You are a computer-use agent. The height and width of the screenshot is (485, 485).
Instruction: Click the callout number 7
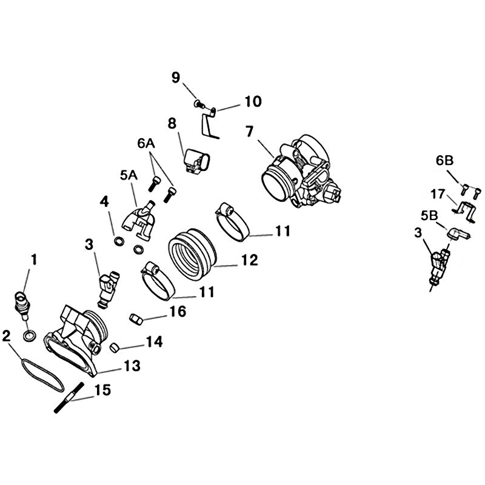click(x=249, y=132)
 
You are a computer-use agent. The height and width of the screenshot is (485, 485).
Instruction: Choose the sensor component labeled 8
click(x=196, y=162)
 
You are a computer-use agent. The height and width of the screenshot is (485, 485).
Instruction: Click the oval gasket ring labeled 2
click(x=42, y=375)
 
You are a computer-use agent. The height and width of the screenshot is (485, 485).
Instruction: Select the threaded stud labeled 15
click(x=69, y=398)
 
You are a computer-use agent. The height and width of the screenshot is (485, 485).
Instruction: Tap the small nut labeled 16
click(x=136, y=319)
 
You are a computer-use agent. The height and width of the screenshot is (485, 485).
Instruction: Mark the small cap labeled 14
click(x=115, y=347)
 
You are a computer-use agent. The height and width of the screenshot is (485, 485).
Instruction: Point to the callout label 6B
click(x=445, y=161)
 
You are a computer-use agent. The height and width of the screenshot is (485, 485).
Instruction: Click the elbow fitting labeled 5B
click(x=458, y=234)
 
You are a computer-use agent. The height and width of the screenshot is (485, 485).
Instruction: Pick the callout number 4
click(x=104, y=202)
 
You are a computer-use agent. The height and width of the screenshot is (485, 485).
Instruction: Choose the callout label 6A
click(x=146, y=144)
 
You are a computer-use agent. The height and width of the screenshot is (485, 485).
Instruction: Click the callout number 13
click(x=132, y=366)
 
